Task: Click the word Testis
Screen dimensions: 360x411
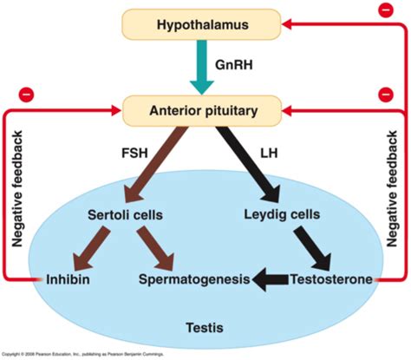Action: tap(205, 327)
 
